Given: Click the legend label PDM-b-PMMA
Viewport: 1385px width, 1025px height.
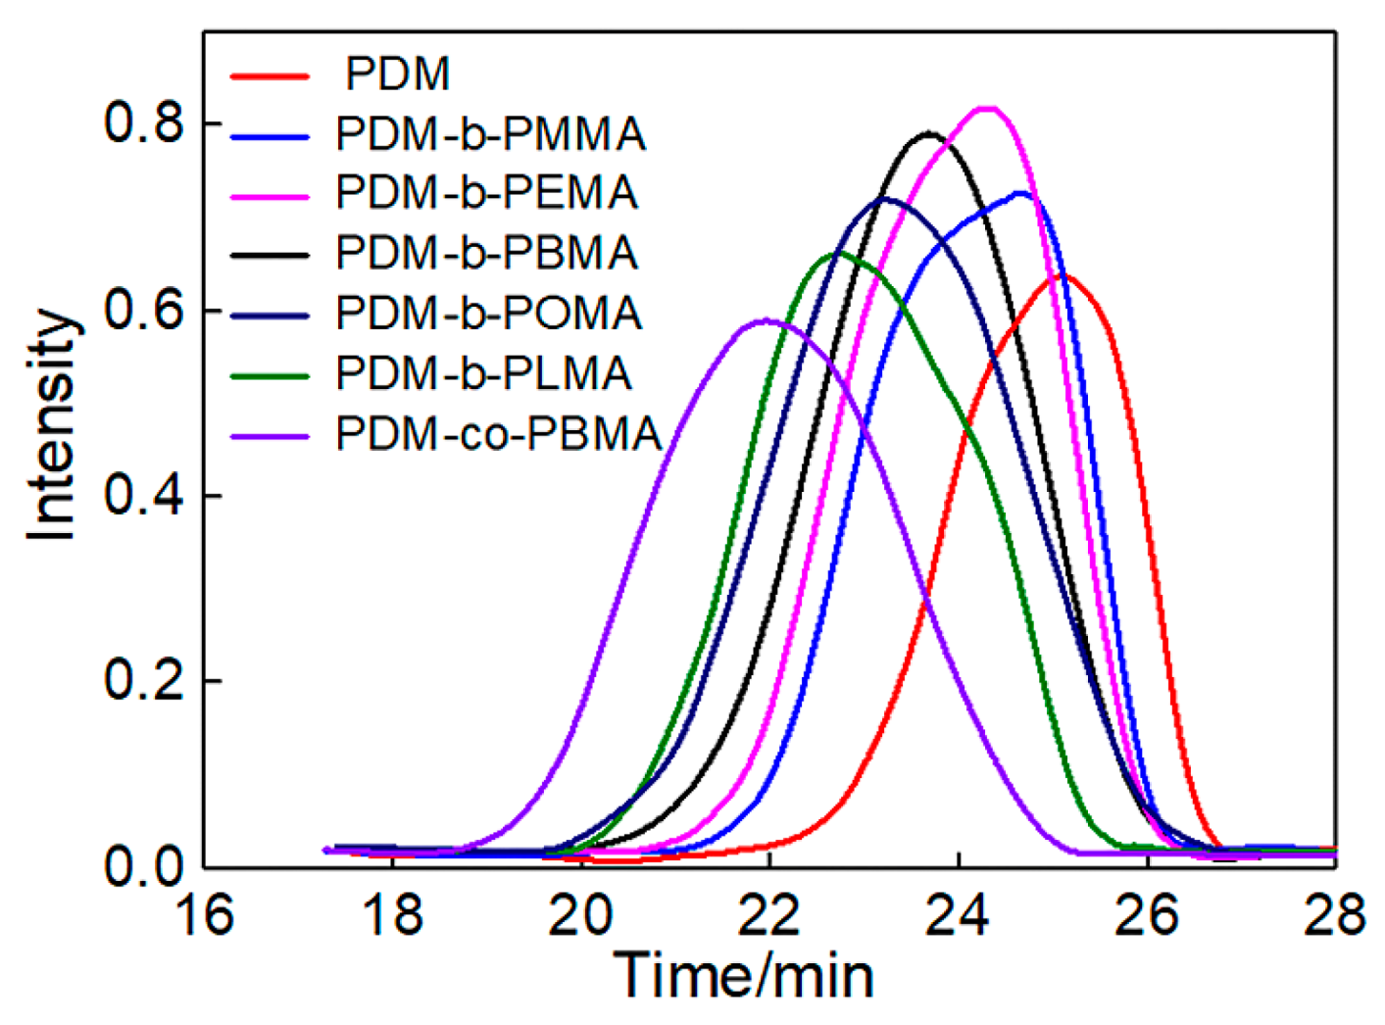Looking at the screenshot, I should click(490, 134).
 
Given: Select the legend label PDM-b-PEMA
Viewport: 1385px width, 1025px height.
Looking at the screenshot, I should click(486, 193).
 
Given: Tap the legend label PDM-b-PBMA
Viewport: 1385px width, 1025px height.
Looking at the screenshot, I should click(486, 253).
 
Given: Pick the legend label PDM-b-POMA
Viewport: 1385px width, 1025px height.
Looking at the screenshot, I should click(488, 314).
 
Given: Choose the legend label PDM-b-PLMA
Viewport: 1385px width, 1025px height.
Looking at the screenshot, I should click(484, 373).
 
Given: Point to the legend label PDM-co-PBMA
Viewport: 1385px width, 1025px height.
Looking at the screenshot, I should click(498, 434).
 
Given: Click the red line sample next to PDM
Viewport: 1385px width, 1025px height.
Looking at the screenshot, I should click(270, 75).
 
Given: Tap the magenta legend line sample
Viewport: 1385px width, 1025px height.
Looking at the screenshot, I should click(270, 195).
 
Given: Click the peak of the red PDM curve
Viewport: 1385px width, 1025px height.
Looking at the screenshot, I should click(1063, 276).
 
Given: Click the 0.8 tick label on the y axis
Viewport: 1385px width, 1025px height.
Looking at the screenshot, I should click(144, 124).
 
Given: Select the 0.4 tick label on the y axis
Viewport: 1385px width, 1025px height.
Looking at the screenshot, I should click(144, 496).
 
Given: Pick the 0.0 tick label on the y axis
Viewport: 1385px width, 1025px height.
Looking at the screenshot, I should click(144, 867).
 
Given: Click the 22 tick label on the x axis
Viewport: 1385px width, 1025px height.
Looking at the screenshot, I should click(769, 916).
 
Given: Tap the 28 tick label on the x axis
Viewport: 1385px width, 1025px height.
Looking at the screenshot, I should click(1335, 916).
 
